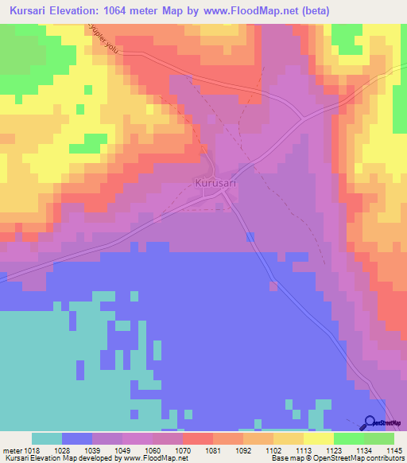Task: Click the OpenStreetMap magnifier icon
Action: pos(370,422)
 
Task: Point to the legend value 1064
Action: pos(151,449)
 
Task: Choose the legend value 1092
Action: pos(242,449)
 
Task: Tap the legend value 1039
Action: pos(92,449)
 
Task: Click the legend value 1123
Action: pos(333,449)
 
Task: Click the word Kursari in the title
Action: pos(30,10)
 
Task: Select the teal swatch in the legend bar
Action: pos(47,438)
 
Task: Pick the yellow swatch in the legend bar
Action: pos(319,438)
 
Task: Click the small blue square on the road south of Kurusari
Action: pos(251,236)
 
